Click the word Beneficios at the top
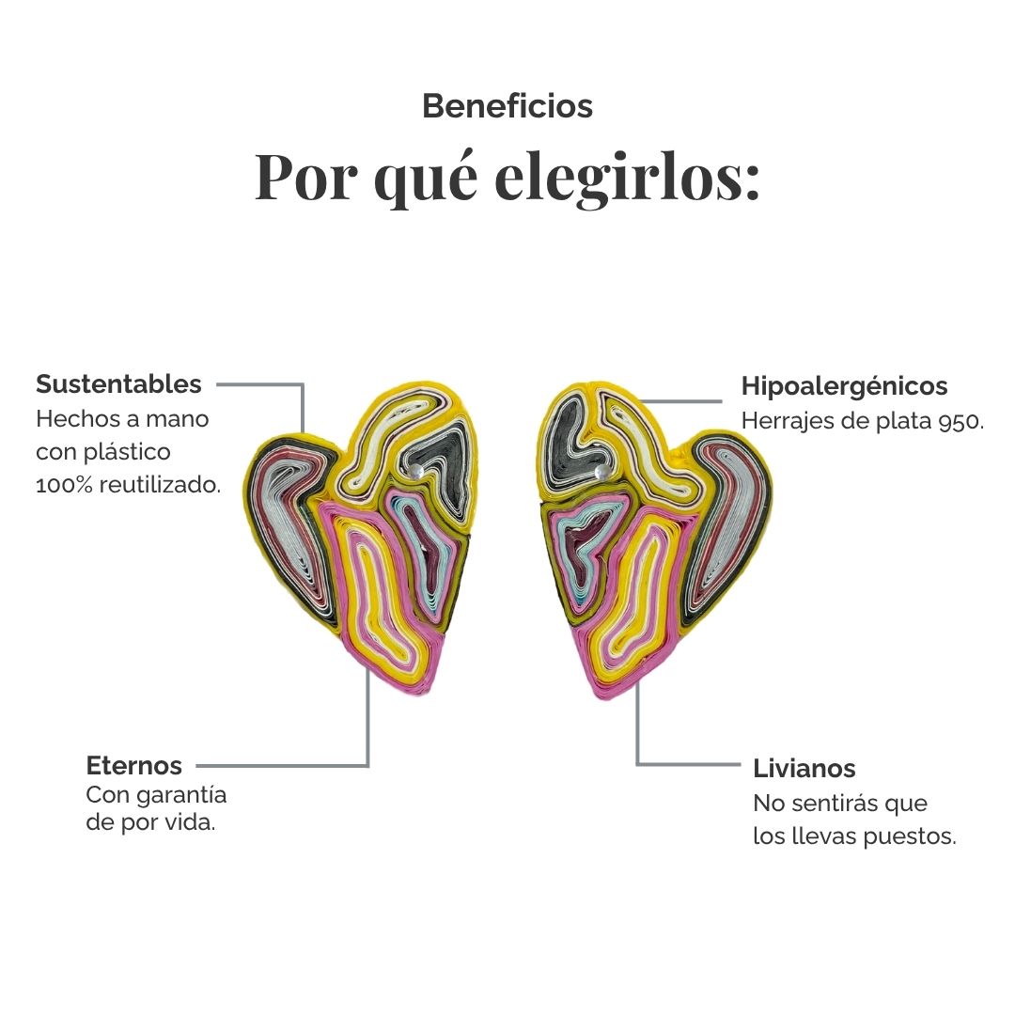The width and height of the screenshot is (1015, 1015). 507,106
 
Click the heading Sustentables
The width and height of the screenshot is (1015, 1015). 118,384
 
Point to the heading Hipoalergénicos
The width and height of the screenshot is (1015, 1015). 844,386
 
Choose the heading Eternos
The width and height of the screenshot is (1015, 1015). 134,765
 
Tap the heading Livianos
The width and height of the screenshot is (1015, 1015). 804,768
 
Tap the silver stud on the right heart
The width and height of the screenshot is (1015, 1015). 601,471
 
